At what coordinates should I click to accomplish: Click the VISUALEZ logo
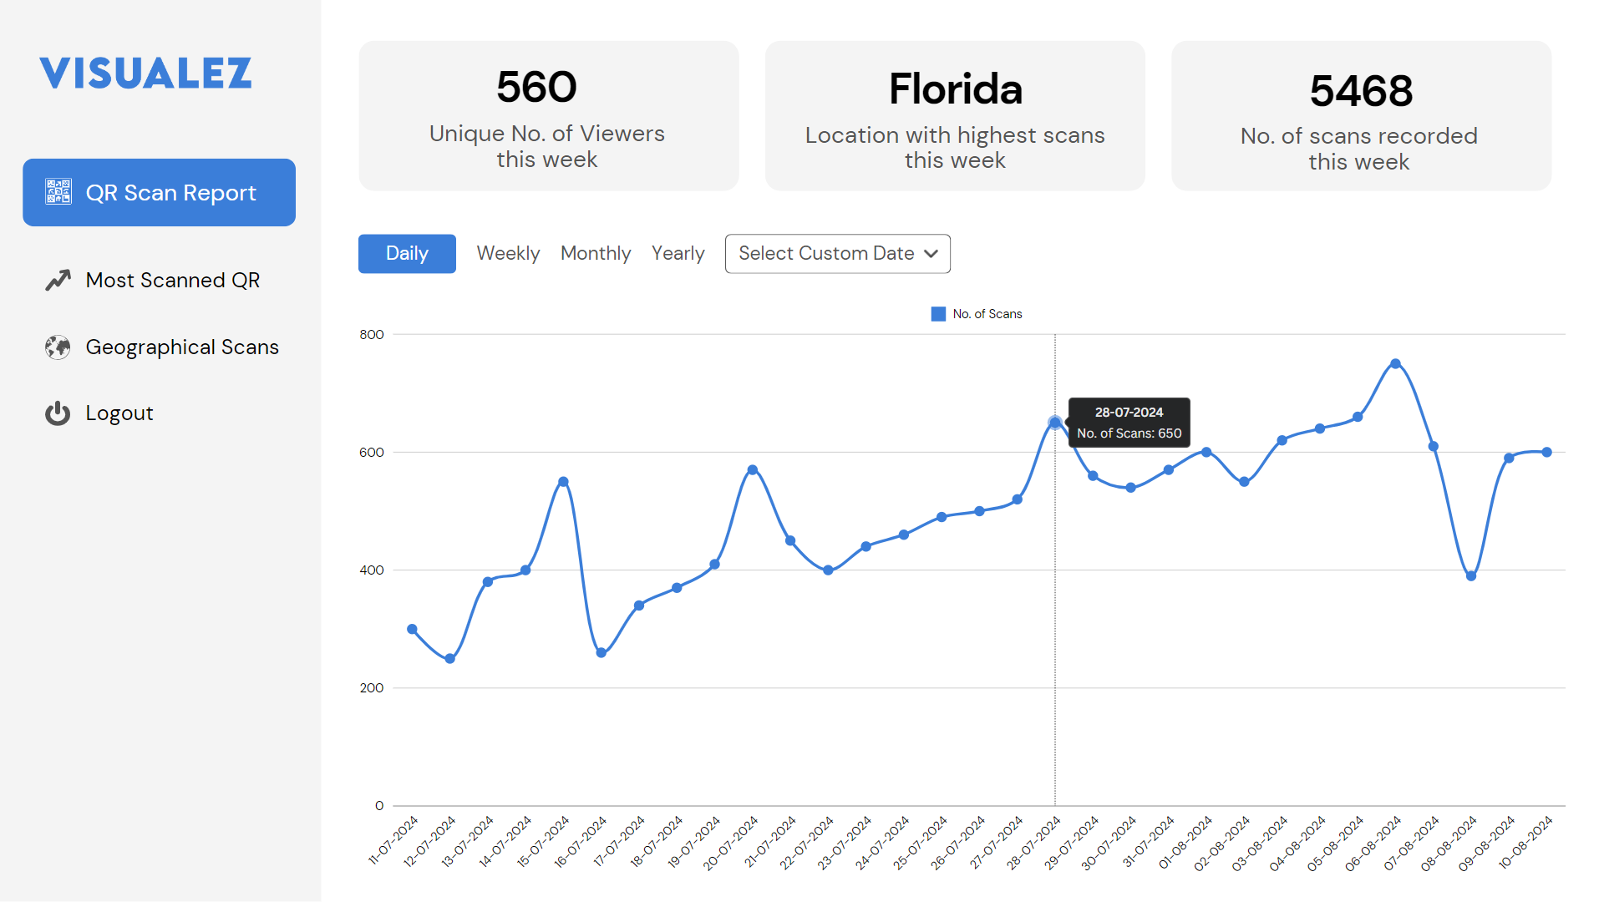[145, 73]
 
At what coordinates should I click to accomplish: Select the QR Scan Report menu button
[159, 192]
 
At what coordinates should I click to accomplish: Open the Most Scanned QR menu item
[172, 280]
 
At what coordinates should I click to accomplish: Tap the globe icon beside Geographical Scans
[58, 347]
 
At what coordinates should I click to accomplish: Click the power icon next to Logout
[58, 413]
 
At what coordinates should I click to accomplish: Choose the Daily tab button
[407, 253]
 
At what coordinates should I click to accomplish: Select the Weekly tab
[508, 253]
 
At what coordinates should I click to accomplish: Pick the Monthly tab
[596, 253]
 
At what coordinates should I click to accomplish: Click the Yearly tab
[678, 253]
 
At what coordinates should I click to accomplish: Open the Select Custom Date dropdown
[837, 253]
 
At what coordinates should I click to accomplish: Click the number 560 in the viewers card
[536, 87]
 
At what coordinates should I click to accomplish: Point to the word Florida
[955, 89]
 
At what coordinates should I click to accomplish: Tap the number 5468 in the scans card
[1361, 90]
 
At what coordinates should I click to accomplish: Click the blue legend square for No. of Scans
[938, 314]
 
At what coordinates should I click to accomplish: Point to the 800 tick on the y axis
[372, 335]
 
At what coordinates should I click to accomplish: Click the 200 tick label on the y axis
[372, 688]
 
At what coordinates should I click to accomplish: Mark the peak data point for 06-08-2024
[1395, 364]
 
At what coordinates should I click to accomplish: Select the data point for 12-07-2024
[450, 659]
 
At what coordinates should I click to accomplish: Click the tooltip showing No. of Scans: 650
[1129, 423]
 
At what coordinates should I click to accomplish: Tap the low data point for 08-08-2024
[1471, 576]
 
